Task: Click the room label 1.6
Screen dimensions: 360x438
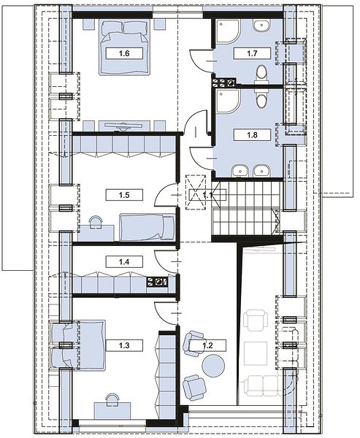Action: [x=124, y=53]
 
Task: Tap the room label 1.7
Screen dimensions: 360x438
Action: [x=252, y=53]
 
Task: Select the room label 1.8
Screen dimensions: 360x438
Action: [x=252, y=134]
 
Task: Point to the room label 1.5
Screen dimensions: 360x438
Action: [x=124, y=195]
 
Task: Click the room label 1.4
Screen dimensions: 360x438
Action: [x=124, y=262]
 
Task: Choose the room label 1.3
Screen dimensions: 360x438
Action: [x=124, y=345]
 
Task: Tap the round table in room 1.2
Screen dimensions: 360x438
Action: [x=213, y=366]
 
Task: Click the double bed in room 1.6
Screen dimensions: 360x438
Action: [x=124, y=47]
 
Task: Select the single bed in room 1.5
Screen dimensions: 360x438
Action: [x=147, y=227]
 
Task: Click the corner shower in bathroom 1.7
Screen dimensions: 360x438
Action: [x=227, y=31]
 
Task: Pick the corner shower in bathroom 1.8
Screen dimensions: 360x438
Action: [x=227, y=101]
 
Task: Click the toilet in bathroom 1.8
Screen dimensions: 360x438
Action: [x=261, y=99]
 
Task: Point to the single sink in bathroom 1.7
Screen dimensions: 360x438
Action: [x=262, y=26]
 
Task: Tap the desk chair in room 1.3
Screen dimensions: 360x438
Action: [x=112, y=399]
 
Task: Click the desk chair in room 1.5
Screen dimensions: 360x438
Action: [x=96, y=221]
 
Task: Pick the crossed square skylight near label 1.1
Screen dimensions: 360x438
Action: [x=196, y=191]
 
